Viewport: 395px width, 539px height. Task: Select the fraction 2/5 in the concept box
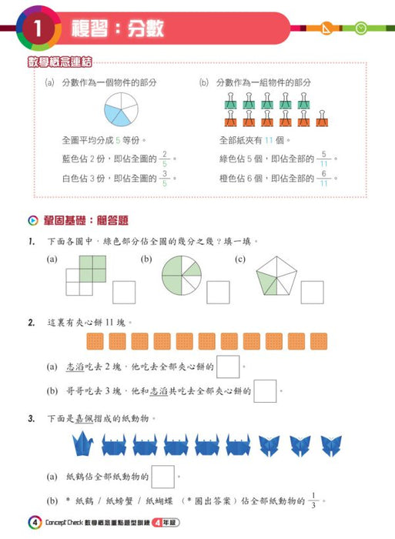(x=163, y=161)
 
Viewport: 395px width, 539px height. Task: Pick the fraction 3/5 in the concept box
(x=163, y=179)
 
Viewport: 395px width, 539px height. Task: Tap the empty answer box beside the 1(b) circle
(x=217, y=293)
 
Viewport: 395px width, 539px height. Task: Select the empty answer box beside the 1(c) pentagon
(x=312, y=293)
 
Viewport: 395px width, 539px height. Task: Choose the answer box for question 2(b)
(x=264, y=391)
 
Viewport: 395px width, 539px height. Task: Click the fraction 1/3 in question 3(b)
(x=316, y=500)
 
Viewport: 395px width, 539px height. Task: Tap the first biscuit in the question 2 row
(x=96, y=341)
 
